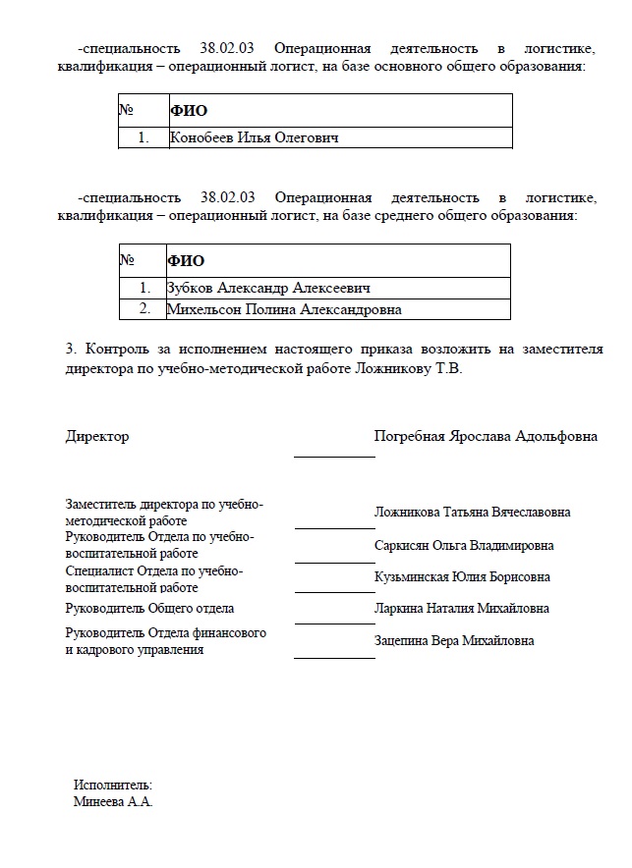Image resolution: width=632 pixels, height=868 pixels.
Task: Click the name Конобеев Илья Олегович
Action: click(x=254, y=138)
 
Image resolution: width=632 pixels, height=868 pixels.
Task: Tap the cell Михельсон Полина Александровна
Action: click(x=284, y=309)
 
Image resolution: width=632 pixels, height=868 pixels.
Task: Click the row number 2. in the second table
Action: click(x=144, y=309)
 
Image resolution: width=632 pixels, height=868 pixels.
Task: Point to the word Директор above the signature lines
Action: click(x=96, y=436)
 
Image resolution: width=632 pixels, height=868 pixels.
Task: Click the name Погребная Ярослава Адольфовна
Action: click(x=486, y=436)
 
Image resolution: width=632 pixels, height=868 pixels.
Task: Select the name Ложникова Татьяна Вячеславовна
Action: click(x=472, y=512)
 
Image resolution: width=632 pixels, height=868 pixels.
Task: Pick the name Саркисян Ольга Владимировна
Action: click(x=464, y=545)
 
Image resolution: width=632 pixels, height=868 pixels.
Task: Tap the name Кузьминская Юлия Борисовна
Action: click(x=462, y=576)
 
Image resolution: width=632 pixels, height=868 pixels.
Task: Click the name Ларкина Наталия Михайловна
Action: click(x=461, y=609)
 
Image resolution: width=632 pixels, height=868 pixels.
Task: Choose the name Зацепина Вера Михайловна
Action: click(x=454, y=640)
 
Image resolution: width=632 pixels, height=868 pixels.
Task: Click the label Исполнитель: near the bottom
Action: click(x=113, y=785)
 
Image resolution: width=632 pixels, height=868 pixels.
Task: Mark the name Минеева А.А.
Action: click(x=113, y=801)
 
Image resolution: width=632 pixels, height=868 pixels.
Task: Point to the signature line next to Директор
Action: click(x=334, y=457)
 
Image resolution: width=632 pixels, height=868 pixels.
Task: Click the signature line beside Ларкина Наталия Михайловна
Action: click(x=334, y=624)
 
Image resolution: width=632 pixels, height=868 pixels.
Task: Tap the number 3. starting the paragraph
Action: click(x=71, y=350)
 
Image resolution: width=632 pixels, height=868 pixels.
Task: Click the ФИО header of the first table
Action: click(x=189, y=111)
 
